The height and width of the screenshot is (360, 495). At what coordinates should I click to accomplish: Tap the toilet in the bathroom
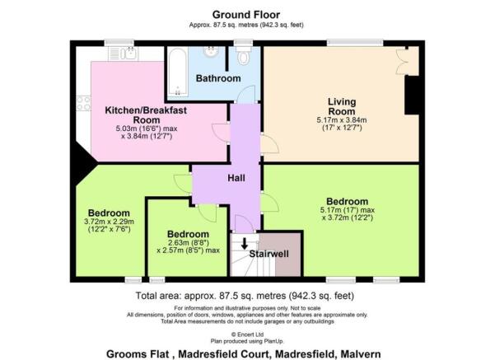coord(242,58)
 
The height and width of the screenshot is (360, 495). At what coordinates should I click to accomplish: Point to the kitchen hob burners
coord(83,102)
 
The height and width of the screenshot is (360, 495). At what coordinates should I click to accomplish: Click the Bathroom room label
coord(217,78)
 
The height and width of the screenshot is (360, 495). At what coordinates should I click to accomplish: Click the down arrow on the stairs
coord(244,242)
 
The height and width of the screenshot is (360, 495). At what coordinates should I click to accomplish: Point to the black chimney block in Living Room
coord(410,95)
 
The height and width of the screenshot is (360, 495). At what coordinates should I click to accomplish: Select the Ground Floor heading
coord(247,14)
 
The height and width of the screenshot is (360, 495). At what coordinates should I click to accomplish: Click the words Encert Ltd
coord(250,334)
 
